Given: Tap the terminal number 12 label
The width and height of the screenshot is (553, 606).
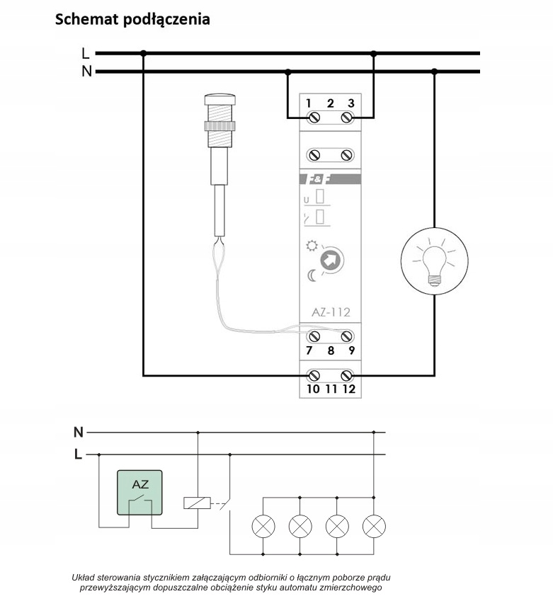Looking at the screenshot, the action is [x=349, y=389].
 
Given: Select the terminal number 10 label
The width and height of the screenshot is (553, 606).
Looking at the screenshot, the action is [x=313, y=389].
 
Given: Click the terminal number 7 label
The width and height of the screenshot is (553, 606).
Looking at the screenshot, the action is [x=309, y=350].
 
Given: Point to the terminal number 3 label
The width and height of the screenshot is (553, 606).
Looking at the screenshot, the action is [x=351, y=103].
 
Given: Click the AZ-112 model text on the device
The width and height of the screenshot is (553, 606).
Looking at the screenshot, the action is [x=331, y=312].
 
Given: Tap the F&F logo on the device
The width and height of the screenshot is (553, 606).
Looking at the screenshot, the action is [x=318, y=179].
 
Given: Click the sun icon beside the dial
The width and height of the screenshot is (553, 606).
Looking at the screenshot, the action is [x=312, y=246].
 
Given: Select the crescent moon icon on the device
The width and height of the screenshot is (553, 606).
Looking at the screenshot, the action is [x=312, y=275].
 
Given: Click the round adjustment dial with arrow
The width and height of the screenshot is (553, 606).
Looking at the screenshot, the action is [x=332, y=260].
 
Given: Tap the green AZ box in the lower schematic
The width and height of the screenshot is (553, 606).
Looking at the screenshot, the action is [x=139, y=493].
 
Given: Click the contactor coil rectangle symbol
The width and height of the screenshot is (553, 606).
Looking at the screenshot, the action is [x=197, y=503].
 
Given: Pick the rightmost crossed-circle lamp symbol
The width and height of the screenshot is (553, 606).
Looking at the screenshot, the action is [x=374, y=526].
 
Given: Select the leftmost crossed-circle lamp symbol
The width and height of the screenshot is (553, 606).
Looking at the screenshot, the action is [x=263, y=526].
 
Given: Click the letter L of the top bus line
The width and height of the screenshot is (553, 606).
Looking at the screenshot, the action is [x=86, y=53].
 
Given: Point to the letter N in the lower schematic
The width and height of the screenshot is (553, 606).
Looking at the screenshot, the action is [x=79, y=432].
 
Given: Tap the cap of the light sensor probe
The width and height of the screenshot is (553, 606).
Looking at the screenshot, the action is [x=220, y=99].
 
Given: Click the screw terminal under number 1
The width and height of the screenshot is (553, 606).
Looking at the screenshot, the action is [x=313, y=117].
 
